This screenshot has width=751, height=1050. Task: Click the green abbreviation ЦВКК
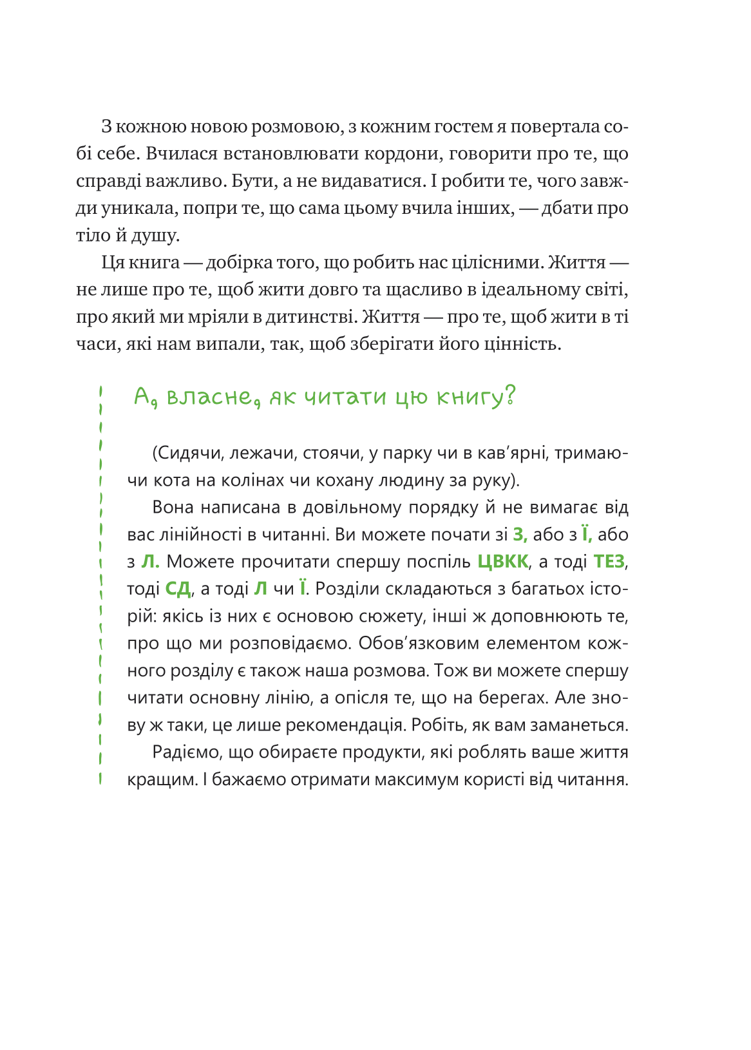tap(503, 562)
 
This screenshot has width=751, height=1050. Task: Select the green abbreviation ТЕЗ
tap(609, 562)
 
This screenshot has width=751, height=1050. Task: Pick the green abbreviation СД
tap(178, 589)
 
